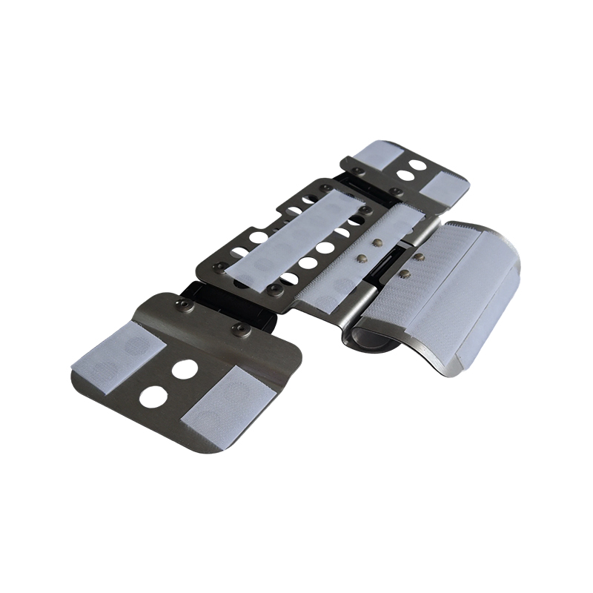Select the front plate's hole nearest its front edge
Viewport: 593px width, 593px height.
click(x=153, y=397)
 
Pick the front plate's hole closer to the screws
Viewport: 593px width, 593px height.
click(x=185, y=368)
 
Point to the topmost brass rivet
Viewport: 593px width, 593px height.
click(x=379, y=242)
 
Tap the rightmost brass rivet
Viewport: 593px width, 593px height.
click(x=420, y=257)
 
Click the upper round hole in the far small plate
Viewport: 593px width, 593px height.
click(x=417, y=164)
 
